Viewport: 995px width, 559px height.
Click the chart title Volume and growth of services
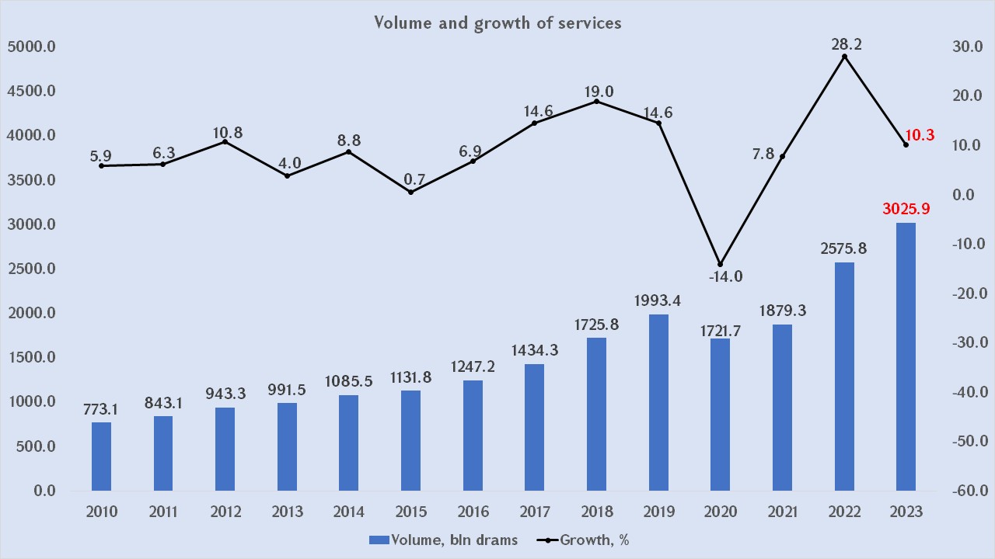pos(497,23)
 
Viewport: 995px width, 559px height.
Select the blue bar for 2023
pos(906,357)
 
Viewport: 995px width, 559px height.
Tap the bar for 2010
pos(101,457)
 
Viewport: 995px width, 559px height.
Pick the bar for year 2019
pos(658,402)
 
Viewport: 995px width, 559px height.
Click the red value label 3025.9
pos(906,209)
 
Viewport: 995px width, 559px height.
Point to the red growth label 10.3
pos(920,135)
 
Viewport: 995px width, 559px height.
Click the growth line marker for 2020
pos(720,265)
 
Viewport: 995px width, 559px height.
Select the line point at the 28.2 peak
pos(844,57)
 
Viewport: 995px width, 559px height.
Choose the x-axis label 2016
pos(473,512)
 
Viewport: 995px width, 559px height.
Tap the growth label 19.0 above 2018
pos(597,92)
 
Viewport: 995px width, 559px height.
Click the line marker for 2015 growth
pos(410,192)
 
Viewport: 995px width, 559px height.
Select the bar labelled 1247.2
pos(473,436)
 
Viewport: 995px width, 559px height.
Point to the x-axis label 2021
pos(782,512)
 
